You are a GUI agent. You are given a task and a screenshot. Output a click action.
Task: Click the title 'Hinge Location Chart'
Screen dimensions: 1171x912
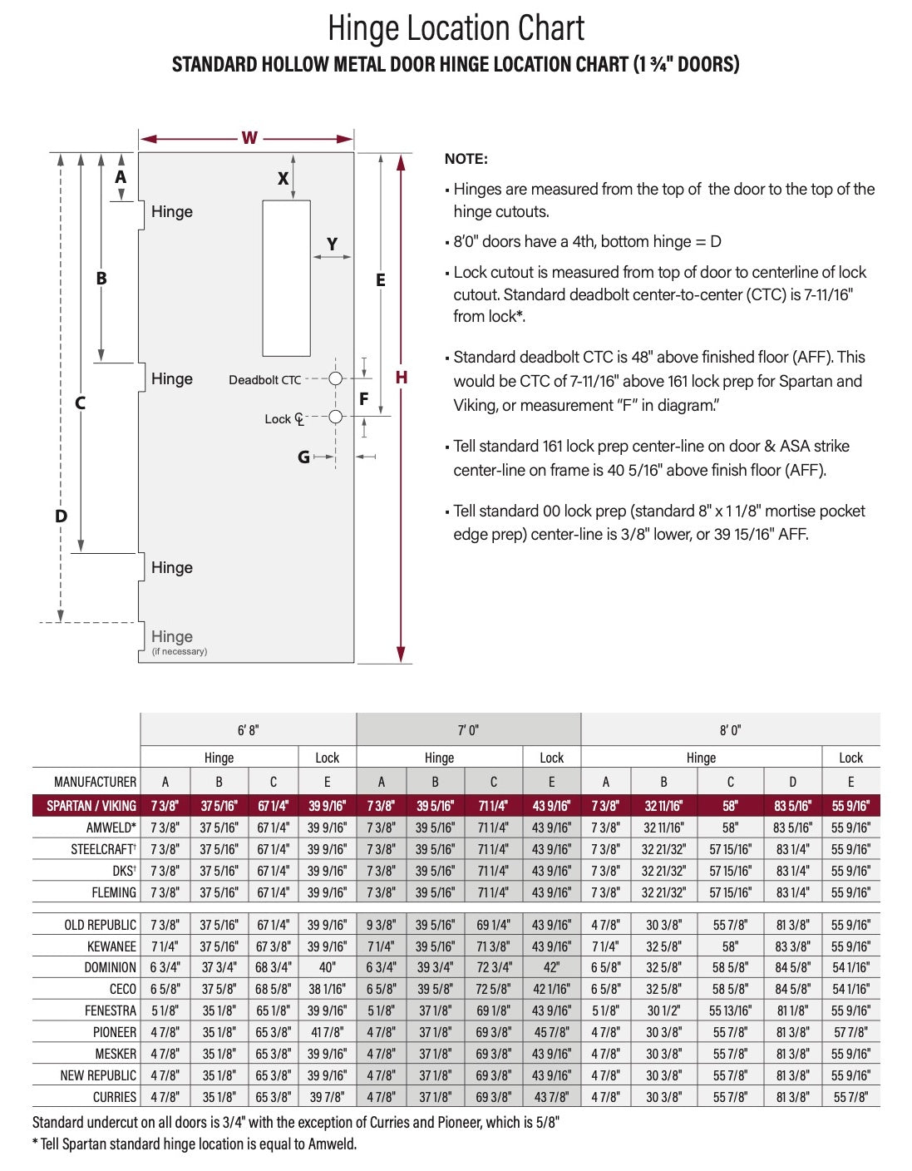pos(456,28)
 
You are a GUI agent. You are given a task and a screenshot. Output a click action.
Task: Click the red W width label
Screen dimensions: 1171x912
pos(249,138)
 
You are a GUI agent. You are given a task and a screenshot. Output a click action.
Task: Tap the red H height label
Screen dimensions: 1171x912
pos(402,378)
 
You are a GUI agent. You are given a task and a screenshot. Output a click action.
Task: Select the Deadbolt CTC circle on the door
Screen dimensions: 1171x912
pos(335,378)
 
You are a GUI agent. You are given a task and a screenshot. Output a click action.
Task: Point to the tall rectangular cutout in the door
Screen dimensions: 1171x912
pos(286,279)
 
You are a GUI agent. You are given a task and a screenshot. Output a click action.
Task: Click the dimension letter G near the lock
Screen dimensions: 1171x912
pos(303,457)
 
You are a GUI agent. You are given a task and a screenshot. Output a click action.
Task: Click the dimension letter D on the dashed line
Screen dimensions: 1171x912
pos(61,516)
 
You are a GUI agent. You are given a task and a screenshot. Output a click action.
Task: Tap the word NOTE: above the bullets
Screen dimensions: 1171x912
pos(466,159)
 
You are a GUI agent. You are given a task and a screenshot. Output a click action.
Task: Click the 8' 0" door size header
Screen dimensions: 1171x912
pos(729,730)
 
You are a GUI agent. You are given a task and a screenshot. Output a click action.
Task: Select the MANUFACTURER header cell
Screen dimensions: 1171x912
pos(95,782)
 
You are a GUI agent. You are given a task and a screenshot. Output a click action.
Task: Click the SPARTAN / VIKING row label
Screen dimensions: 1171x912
pos(91,806)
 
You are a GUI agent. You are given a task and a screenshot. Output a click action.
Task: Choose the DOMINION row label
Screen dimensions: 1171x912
pos(110,967)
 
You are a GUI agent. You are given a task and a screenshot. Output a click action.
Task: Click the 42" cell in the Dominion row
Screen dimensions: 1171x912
pos(551,967)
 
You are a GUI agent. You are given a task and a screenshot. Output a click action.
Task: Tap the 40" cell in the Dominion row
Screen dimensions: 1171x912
pos(327,967)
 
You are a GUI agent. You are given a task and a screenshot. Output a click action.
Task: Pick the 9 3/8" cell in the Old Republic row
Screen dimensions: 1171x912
pos(381,925)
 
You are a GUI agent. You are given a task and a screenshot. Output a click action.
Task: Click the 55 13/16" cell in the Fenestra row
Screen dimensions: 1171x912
pos(730,1010)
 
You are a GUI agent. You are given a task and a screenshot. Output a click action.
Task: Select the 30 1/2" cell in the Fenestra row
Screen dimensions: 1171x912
pos(663,1010)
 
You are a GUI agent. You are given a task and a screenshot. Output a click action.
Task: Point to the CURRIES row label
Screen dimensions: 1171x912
pos(115,1097)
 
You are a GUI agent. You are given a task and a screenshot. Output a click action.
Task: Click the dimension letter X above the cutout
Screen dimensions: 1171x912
pos(283,178)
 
